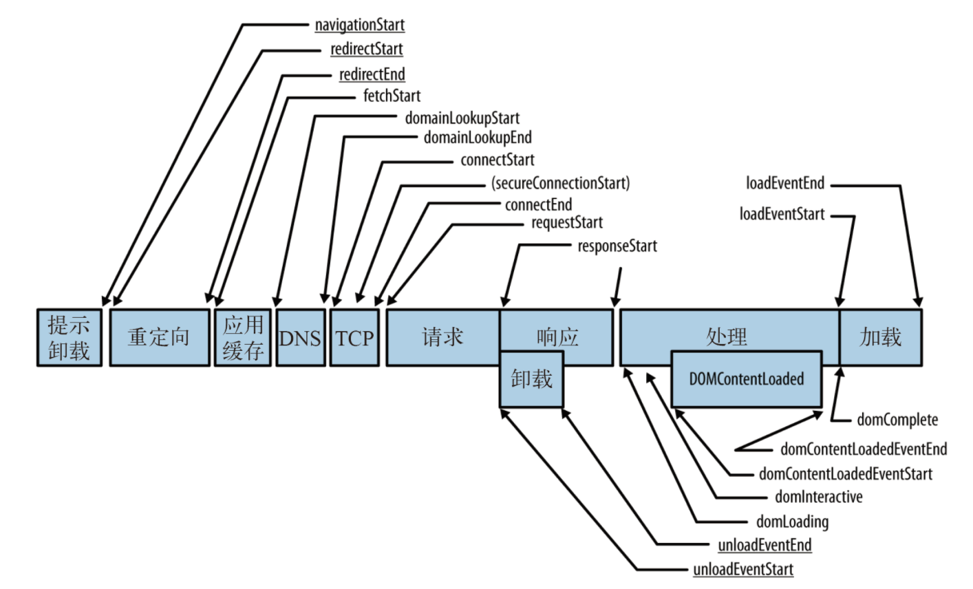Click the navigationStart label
pyautogui.click(x=359, y=25)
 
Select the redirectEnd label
pyautogui.click(x=372, y=74)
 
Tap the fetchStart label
pyautogui.click(x=392, y=96)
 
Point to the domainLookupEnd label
pyautogui.click(x=478, y=138)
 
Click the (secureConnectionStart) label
pyautogui.click(x=560, y=183)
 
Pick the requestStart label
pyautogui.click(x=566, y=223)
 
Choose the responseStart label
pyautogui.click(x=617, y=246)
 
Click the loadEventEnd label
pyautogui.click(x=784, y=184)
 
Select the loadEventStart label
pyautogui.click(x=782, y=214)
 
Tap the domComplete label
pyautogui.click(x=897, y=420)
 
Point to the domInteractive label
pyautogui.click(x=818, y=497)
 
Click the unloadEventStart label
pyautogui.click(x=743, y=570)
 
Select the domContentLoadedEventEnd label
pyautogui.click(x=864, y=449)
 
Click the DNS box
pyautogui.click(x=300, y=338)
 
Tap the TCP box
pyautogui.click(x=354, y=338)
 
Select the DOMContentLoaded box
pyautogui.click(x=746, y=379)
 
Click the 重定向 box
pyautogui.click(x=159, y=338)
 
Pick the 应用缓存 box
pyautogui.click(x=243, y=338)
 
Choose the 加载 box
pyautogui.click(x=880, y=338)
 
